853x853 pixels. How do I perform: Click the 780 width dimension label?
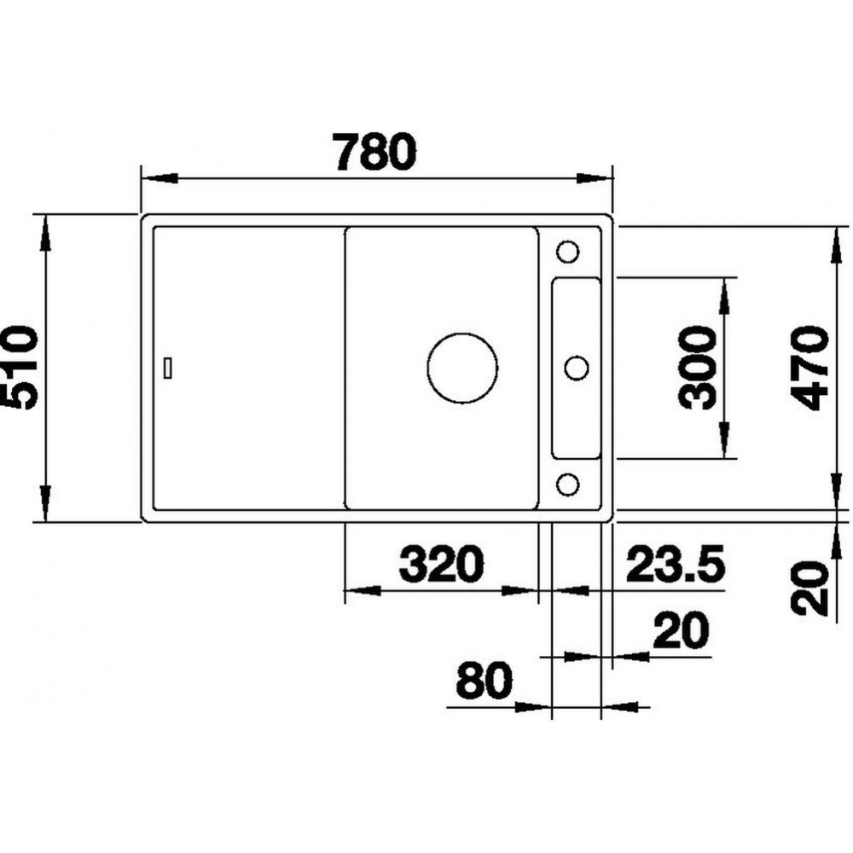tap(376, 151)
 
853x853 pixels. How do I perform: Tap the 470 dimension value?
tap(809, 368)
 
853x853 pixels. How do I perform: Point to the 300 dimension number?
tap(696, 368)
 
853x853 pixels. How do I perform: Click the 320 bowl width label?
tap(441, 564)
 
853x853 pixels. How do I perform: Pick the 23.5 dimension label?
tap(675, 564)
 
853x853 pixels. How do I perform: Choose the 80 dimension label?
tap(484, 680)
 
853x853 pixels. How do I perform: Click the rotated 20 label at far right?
tap(809, 589)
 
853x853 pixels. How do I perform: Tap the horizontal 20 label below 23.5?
tap(681, 630)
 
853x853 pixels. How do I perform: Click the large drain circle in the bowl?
tap(462, 368)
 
